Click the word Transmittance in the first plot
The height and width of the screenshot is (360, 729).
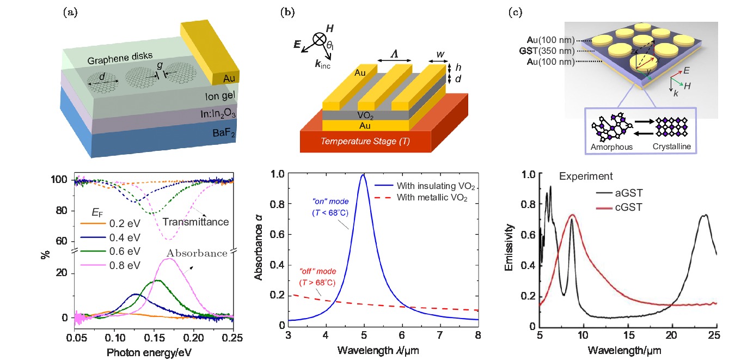[x=196, y=222]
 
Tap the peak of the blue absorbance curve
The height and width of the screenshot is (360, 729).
[x=362, y=175]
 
